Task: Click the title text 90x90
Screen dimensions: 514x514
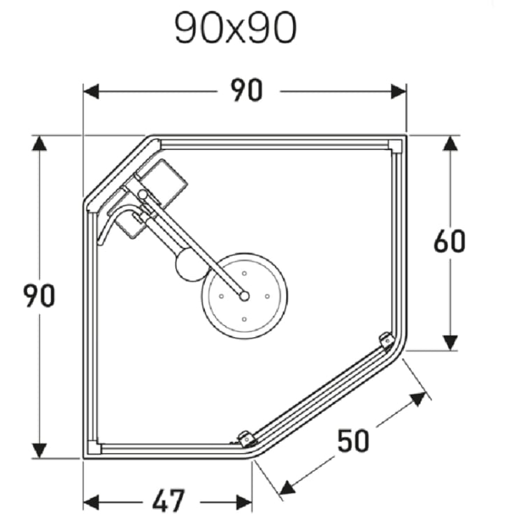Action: (236, 29)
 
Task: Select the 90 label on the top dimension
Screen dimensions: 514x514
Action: (245, 91)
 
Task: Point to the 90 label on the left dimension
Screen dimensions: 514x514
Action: (39, 296)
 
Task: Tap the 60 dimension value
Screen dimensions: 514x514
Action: (449, 241)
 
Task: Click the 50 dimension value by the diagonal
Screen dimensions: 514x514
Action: (354, 441)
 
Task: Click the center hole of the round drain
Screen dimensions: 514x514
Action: (244, 296)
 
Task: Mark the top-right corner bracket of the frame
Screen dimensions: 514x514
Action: (395, 145)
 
